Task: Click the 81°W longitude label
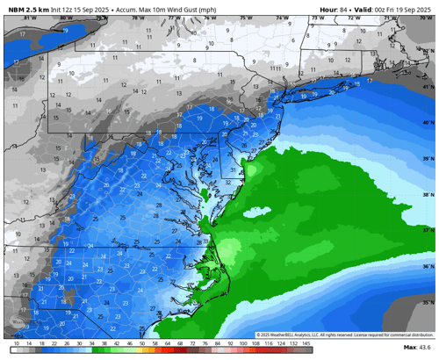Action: pos(29,17)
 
